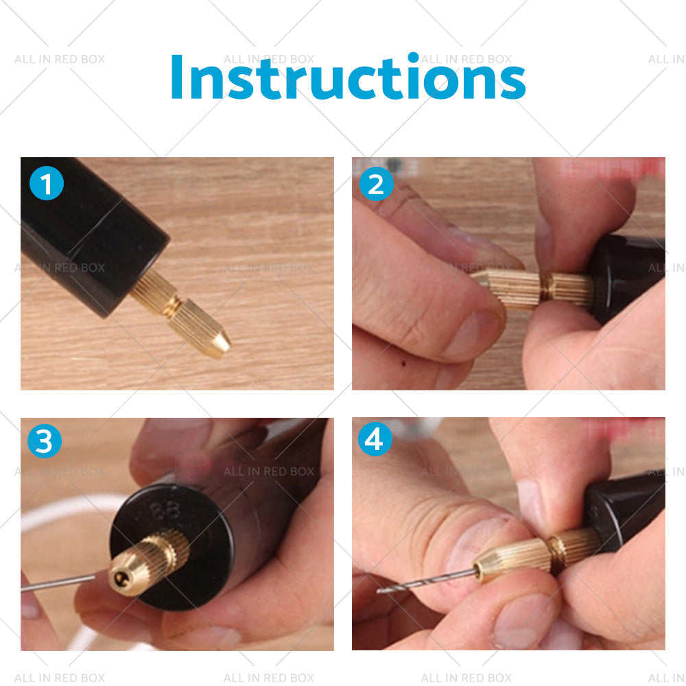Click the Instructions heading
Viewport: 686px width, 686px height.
(347, 77)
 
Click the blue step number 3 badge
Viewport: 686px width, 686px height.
(45, 442)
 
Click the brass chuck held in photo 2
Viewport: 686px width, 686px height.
(532, 288)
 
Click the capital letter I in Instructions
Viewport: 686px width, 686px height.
(176, 77)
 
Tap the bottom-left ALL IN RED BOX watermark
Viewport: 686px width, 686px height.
(60, 678)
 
